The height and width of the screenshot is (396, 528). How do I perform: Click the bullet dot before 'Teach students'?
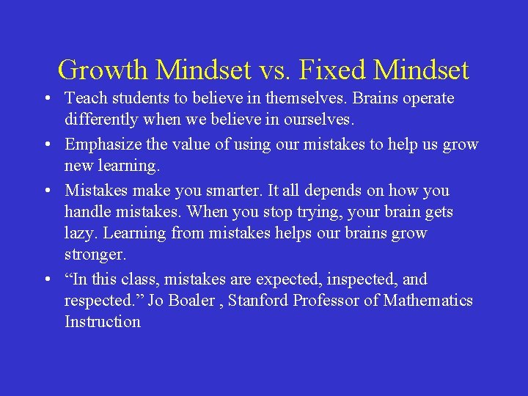coord(46,98)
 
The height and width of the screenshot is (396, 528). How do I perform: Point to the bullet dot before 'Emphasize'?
coord(46,145)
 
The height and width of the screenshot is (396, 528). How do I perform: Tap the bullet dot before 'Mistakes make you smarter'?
coord(46,191)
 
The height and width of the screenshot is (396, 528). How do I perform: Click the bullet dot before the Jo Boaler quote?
coord(46,279)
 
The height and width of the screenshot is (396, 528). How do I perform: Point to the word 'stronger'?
coord(95,255)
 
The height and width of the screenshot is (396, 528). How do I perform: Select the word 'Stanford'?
coord(258,301)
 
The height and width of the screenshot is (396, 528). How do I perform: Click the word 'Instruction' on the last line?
coord(103,322)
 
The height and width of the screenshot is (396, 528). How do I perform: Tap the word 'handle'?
coord(87,213)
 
